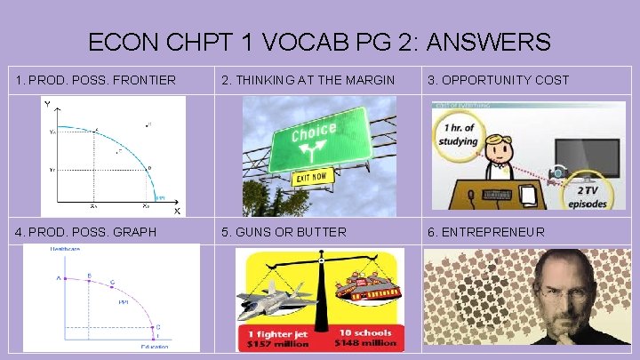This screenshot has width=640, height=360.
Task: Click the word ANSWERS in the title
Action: coord(495,42)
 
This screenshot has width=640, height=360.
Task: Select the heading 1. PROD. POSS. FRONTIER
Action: coord(96,81)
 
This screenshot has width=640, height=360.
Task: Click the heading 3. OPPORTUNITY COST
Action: coord(499,81)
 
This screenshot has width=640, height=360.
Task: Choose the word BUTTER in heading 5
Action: coord(319,232)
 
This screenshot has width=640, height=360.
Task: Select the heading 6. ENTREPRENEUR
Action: coord(486,232)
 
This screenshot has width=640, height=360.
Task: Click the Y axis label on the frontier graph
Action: coord(46,105)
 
